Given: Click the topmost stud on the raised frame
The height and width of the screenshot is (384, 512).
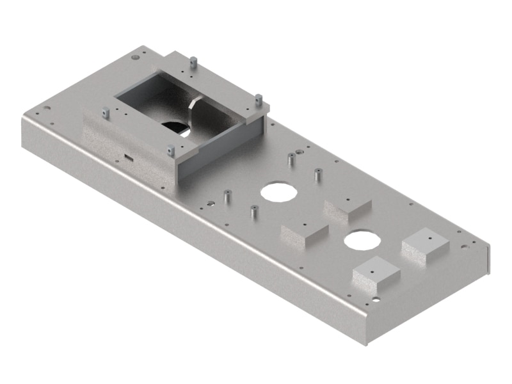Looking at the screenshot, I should click(193, 63).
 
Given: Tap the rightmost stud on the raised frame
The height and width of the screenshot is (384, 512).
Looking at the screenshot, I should click(259, 100).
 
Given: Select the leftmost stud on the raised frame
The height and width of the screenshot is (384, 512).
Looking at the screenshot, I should click(106, 113).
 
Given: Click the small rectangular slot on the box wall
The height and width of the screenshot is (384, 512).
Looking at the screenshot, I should click(128, 156).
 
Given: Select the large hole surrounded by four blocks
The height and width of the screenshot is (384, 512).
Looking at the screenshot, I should click(360, 240).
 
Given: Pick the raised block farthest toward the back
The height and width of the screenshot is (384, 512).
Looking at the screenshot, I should click(348, 208).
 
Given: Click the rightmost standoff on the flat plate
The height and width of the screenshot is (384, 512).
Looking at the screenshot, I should click(317, 173).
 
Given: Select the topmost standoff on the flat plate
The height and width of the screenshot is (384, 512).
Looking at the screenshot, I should click(291, 158).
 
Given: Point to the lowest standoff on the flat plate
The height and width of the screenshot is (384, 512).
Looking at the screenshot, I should click(253, 211).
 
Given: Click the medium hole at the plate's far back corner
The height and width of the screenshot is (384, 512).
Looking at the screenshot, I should click(135, 58).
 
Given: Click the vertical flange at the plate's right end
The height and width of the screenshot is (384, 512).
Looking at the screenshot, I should click(488, 259).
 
